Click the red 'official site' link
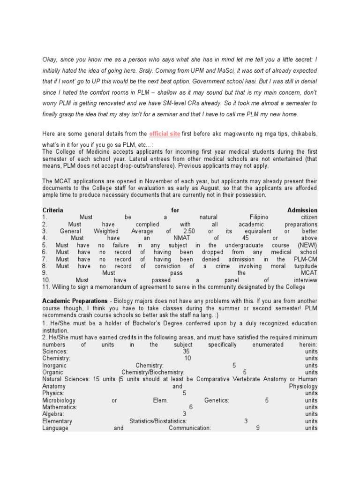[165, 134]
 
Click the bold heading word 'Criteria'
[52, 210]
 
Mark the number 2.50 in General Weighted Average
[189, 232]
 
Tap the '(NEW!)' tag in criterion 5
[307, 245]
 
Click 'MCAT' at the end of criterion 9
[309, 273]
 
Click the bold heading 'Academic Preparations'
[75, 300]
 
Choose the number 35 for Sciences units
[186, 352]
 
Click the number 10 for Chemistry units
[188, 359]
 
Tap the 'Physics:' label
[53, 393]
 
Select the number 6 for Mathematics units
[191, 407]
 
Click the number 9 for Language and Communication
[258, 428]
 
